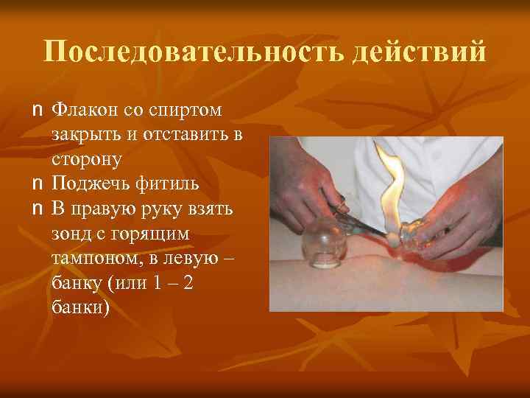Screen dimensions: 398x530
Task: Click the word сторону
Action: tap(87, 159)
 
